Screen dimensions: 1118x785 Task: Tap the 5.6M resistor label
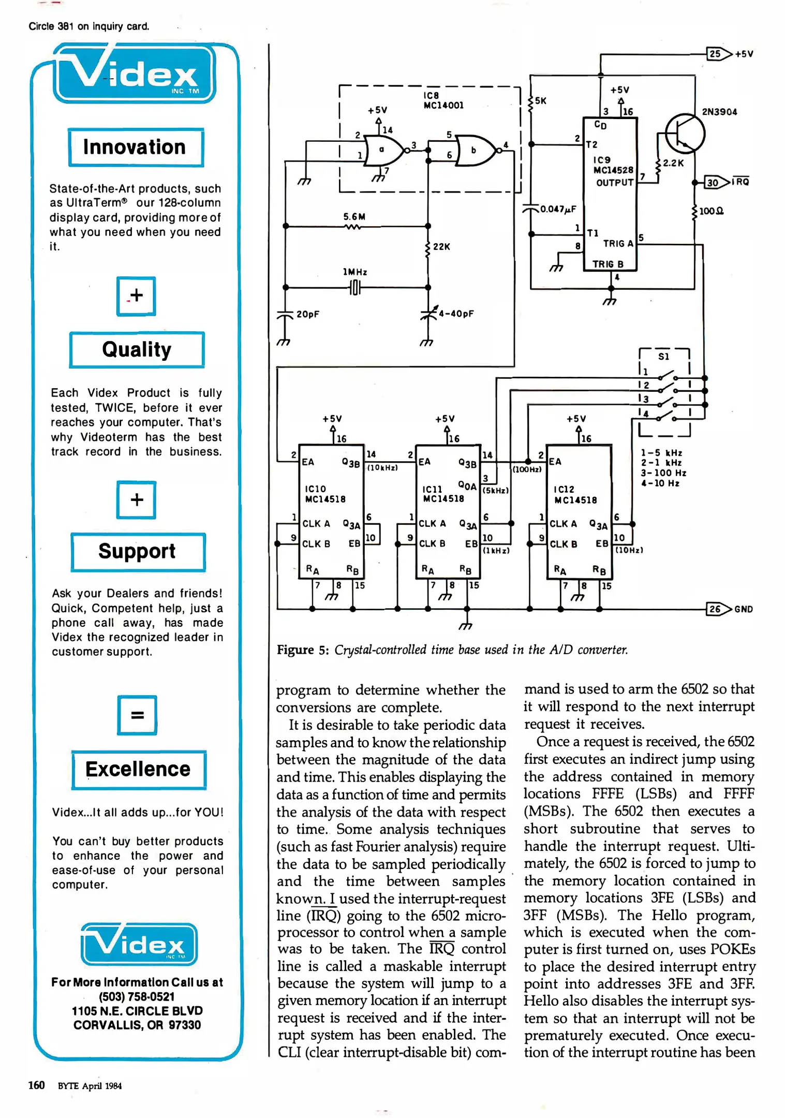(354, 216)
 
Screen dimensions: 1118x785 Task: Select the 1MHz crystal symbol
(355, 287)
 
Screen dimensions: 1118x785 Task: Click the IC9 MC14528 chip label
(613, 165)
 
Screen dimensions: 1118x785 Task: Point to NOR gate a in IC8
(383, 150)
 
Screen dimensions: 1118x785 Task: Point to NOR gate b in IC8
(475, 151)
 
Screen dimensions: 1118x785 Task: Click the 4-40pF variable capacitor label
(456, 314)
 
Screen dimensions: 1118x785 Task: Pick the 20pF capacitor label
(307, 314)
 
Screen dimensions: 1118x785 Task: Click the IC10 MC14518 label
(325, 494)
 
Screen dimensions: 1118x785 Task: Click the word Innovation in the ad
(135, 147)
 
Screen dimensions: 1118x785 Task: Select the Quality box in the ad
(137, 350)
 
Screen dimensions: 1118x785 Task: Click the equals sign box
(137, 715)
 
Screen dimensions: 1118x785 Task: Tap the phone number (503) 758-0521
(137, 996)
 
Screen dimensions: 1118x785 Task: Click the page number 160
(36, 1085)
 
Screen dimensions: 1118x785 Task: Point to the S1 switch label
(663, 356)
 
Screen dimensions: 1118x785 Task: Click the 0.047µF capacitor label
(558, 209)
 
